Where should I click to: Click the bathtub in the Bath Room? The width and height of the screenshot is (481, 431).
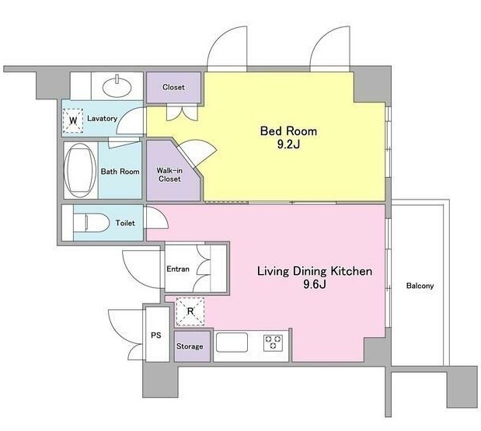pyautogui.click(x=80, y=170)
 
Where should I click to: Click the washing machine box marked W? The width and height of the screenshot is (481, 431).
pyautogui.click(x=73, y=120)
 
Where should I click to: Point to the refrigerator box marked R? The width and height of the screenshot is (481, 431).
pyautogui.click(x=190, y=311)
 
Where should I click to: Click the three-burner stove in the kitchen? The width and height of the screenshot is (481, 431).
pyautogui.click(x=273, y=342)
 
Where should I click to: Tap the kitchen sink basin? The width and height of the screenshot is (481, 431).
pyautogui.click(x=232, y=342)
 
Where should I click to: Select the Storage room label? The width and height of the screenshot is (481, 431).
pyautogui.click(x=190, y=346)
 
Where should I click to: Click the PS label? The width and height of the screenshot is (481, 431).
pyautogui.click(x=156, y=335)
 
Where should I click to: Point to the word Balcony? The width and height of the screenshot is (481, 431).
pyautogui.click(x=420, y=286)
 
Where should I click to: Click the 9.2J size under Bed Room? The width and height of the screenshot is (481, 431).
pyautogui.click(x=288, y=144)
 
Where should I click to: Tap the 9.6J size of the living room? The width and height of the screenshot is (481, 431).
pyautogui.click(x=315, y=284)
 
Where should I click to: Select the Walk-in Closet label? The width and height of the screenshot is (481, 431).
pyautogui.click(x=169, y=175)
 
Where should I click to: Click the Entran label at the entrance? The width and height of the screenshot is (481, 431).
pyautogui.click(x=178, y=269)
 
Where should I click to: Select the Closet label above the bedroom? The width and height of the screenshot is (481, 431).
pyautogui.click(x=173, y=87)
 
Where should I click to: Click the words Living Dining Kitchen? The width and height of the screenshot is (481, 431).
pyautogui.click(x=315, y=271)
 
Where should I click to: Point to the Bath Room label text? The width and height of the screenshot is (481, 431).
pyautogui.click(x=120, y=172)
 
